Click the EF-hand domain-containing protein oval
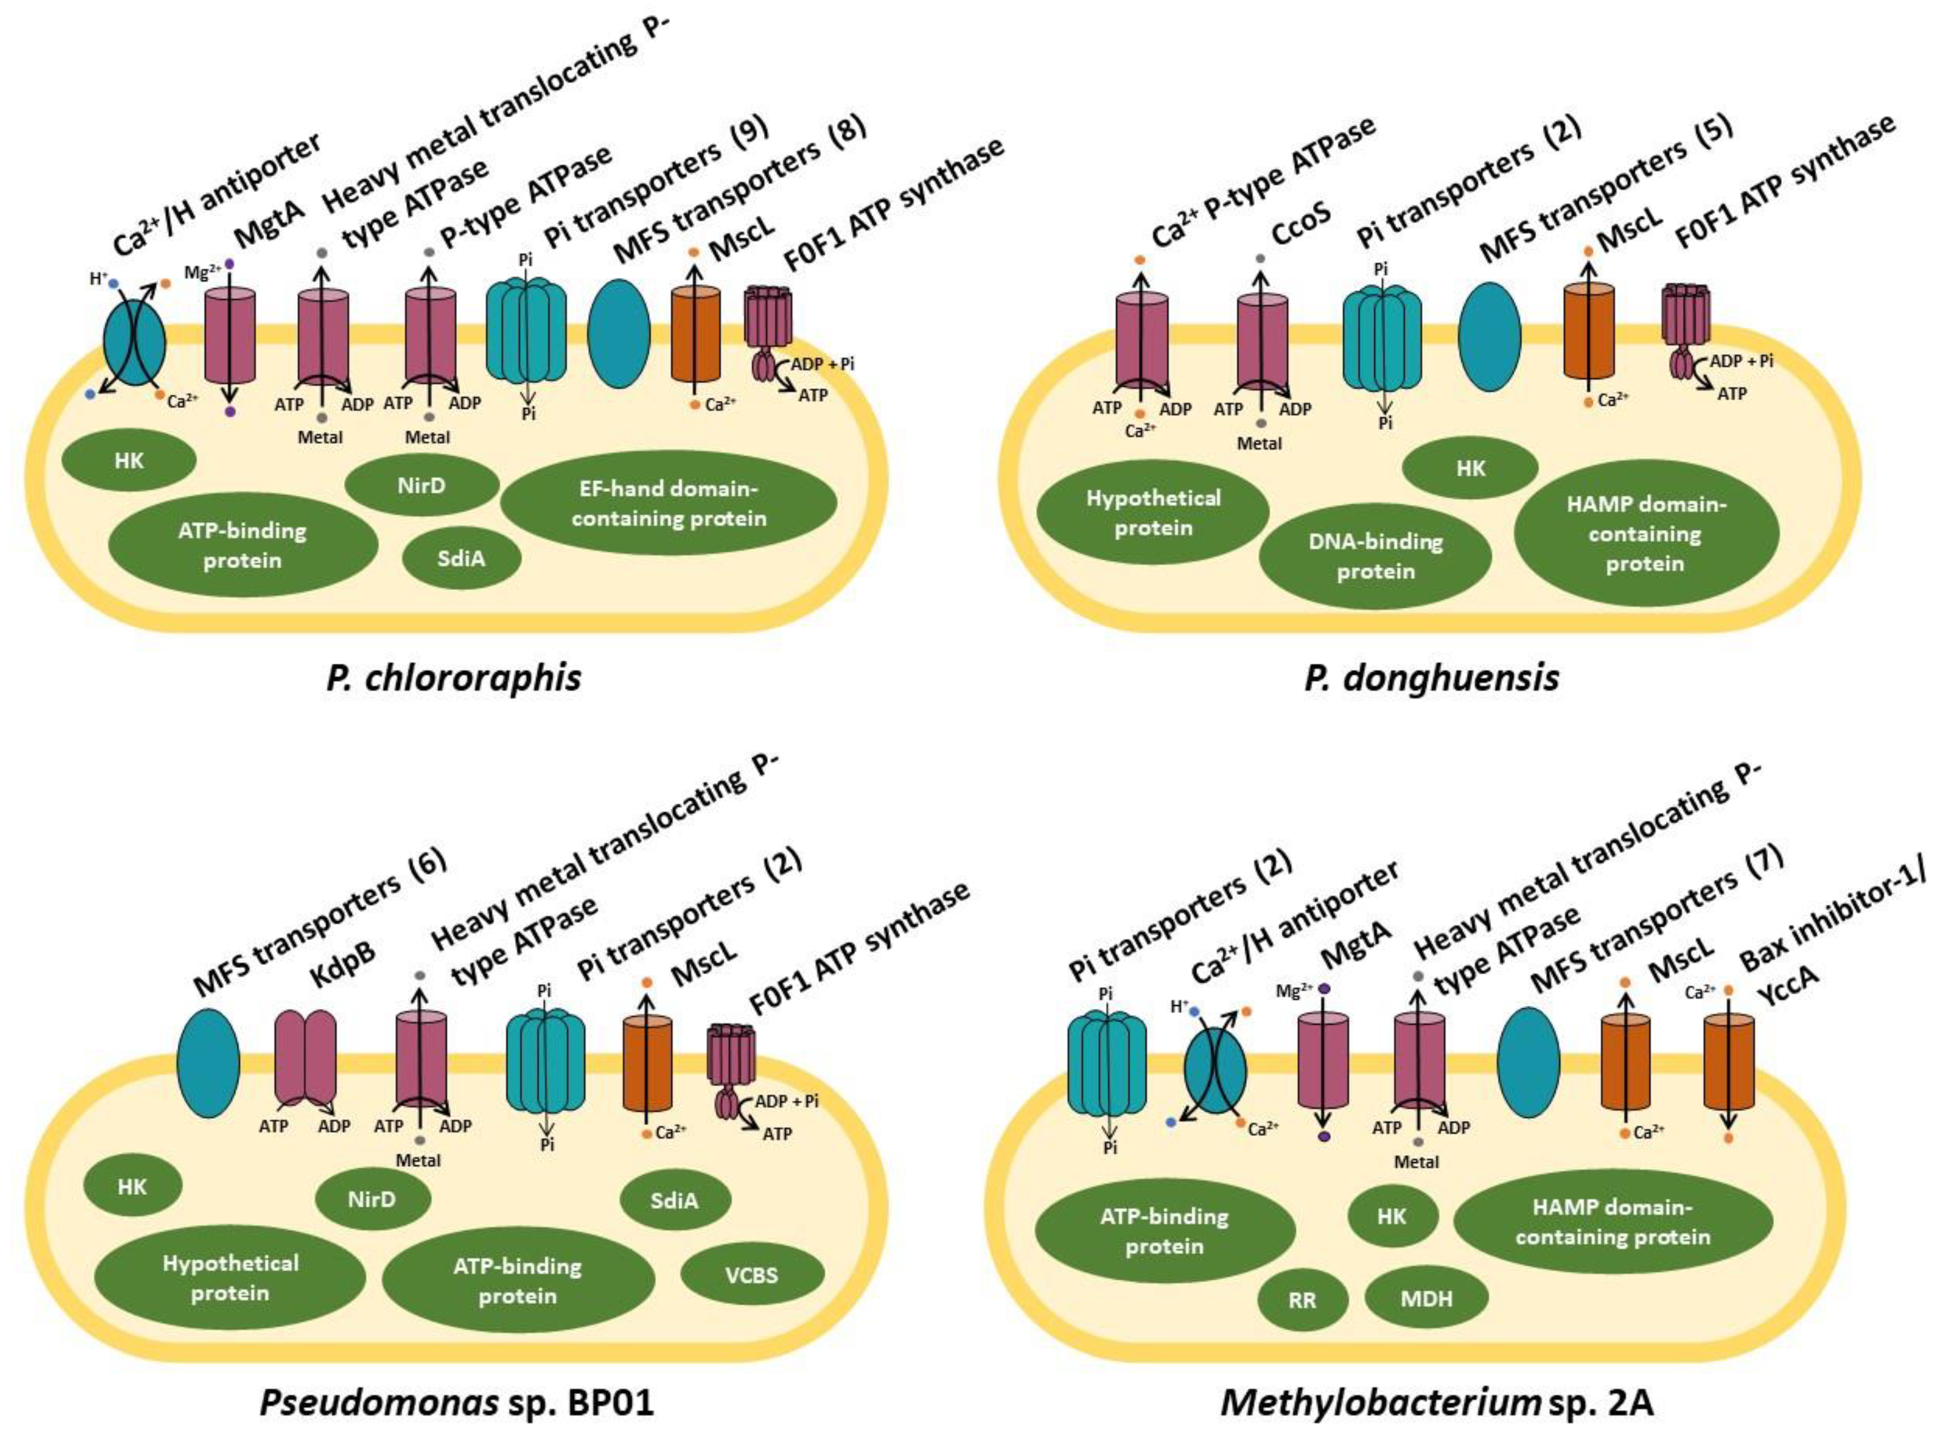pos(668,503)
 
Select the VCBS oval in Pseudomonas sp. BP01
pos(752,1275)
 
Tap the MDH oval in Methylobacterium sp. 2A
pos(1426,1299)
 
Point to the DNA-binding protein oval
pos(1375,556)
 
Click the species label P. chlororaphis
pos(453,677)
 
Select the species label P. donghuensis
pos(1432,677)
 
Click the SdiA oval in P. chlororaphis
pos(461,558)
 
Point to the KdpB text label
pos(345,964)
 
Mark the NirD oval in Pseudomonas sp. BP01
pos(372,1199)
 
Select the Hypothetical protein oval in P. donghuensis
pos(1153,513)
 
